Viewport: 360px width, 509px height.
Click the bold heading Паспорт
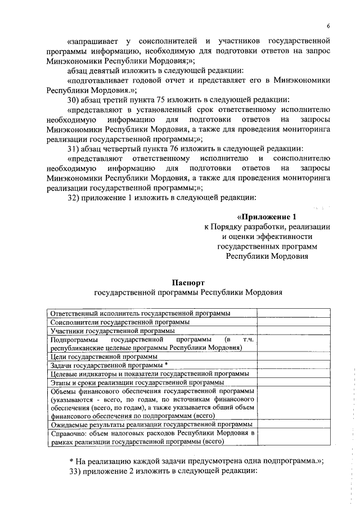click(x=187, y=282)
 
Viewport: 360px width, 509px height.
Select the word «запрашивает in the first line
click(x=94, y=42)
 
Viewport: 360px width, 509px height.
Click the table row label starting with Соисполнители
click(x=119, y=322)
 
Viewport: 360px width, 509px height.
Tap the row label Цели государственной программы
click(x=103, y=357)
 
